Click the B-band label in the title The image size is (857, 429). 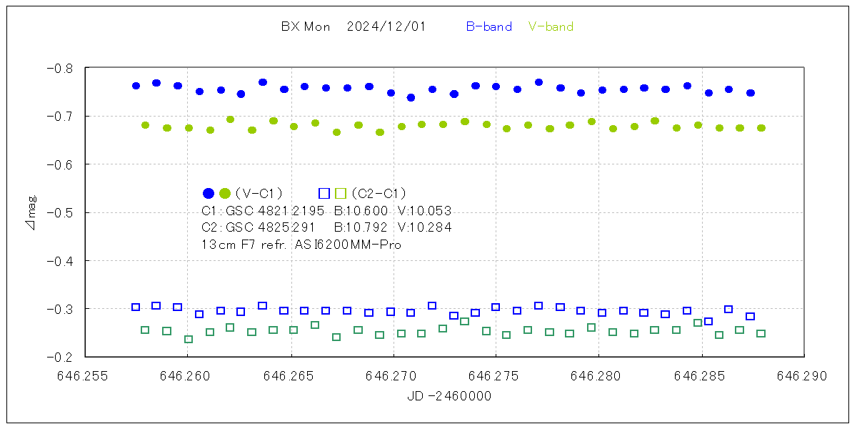pos(489,27)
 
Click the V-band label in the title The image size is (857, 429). pos(551,27)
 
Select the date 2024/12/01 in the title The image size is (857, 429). pos(386,27)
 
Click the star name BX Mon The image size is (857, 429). pos(306,27)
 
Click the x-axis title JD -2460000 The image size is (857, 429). pos(449,395)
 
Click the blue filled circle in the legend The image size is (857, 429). pos(209,193)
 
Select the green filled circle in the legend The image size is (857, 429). pos(225,193)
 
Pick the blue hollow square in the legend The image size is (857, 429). pos(324,193)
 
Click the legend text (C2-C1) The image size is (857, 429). pos(379,193)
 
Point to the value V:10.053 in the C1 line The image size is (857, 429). pos(424,211)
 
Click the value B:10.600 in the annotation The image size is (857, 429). pos(361,211)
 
